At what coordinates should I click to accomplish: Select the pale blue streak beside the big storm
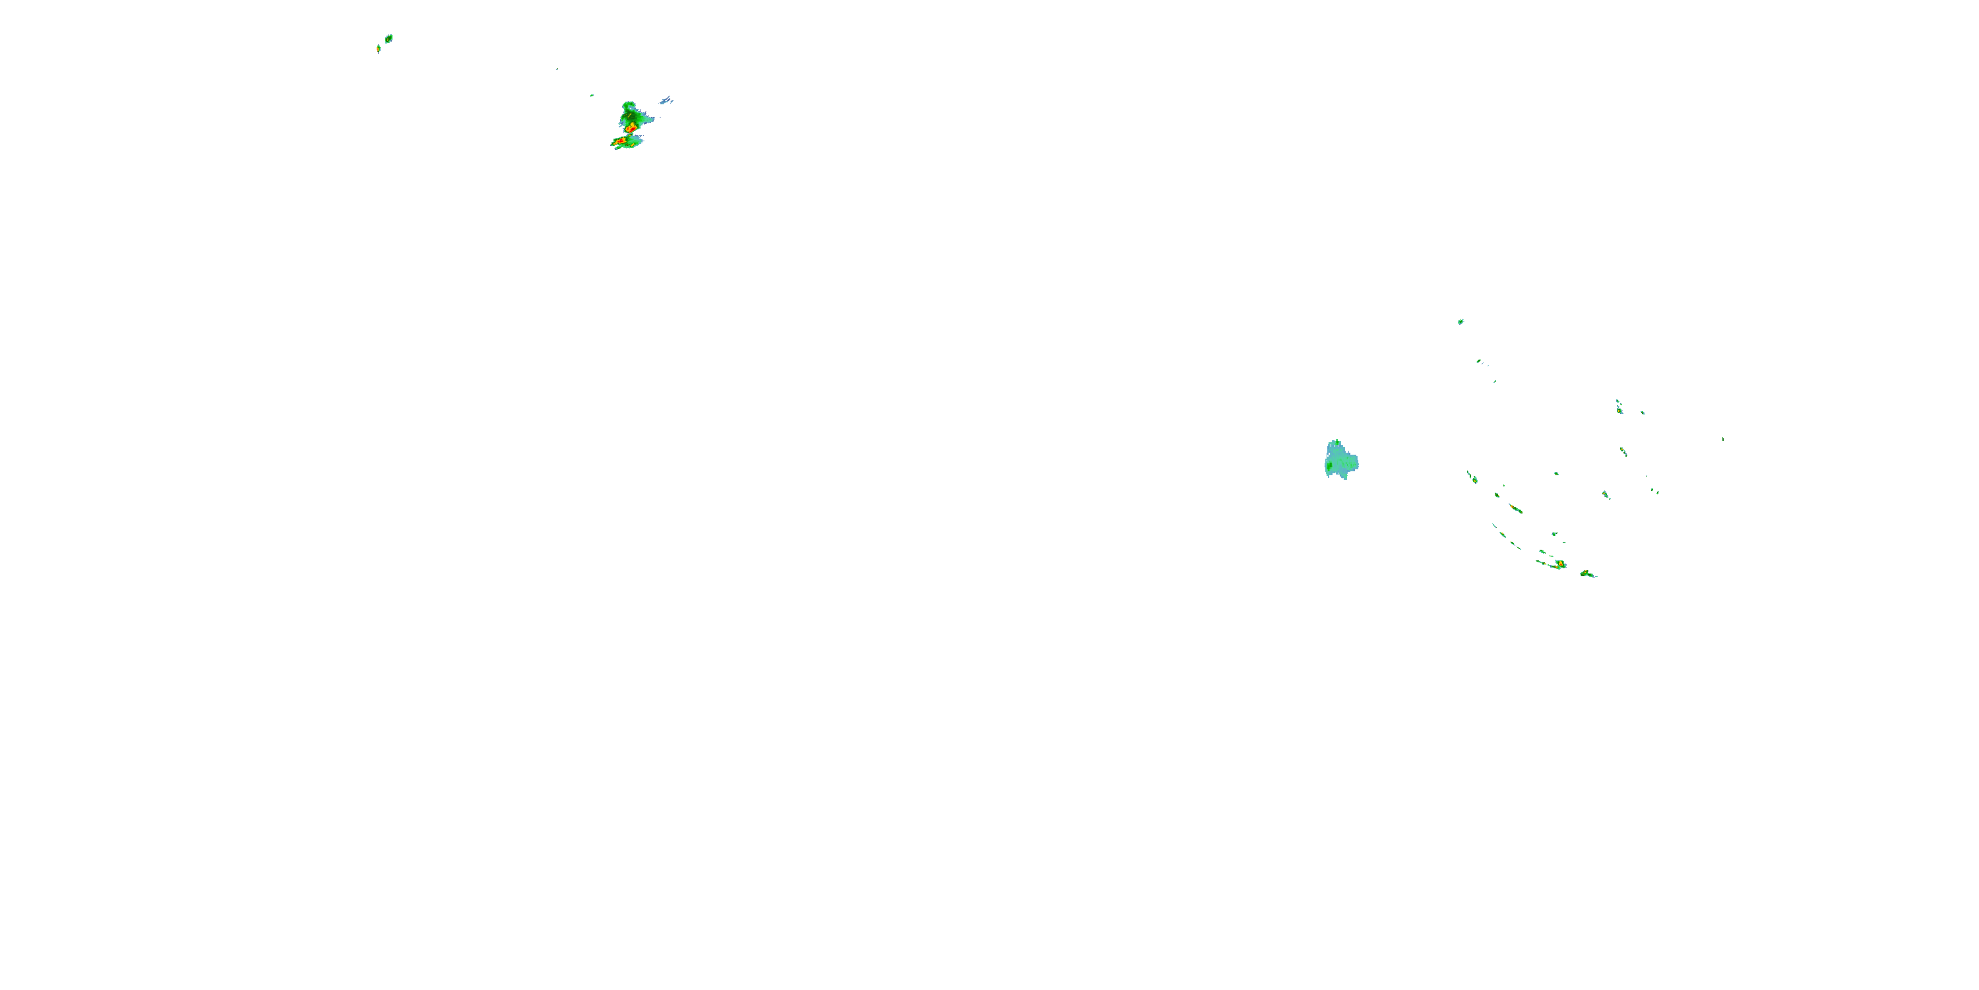coord(666,101)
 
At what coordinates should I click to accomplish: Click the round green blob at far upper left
coord(389,38)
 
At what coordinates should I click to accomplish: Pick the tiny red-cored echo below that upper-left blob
coord(379,48)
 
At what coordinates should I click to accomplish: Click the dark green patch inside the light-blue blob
coord(1330,465)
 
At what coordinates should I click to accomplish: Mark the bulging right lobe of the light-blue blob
coord(1352,462)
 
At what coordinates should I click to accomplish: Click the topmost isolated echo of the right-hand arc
coord(1461,321)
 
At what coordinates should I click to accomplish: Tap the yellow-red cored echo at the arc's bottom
coord(1560,565)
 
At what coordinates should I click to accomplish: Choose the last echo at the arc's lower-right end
coord(1587,574)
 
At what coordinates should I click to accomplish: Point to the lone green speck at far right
coord(1722,439)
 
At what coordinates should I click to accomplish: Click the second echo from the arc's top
coord(1479,360)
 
